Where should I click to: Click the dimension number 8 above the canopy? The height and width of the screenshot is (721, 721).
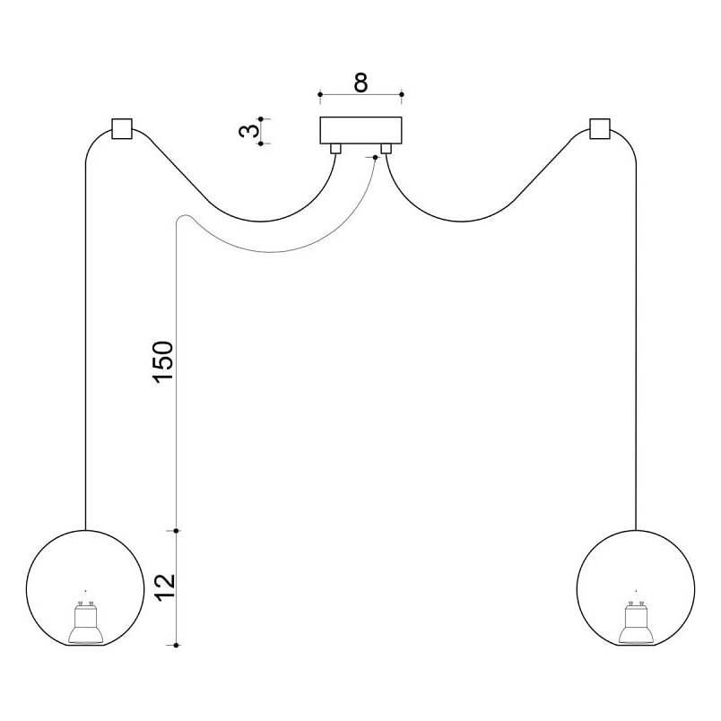click(361, 83)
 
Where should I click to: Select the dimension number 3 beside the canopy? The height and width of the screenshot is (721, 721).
click(248, 131)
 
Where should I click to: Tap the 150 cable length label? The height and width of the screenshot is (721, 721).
click(164, 362)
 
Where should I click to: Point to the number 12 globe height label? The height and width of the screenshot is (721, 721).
click(165, 587)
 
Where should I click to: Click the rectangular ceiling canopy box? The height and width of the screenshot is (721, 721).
click(361, 130)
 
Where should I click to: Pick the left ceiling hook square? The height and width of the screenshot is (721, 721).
click(122, 129)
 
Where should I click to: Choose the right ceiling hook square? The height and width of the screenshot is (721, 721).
click(600, 129)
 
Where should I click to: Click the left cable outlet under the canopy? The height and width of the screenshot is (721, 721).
click(335, 149)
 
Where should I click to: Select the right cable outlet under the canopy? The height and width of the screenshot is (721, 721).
click(386, 149)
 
